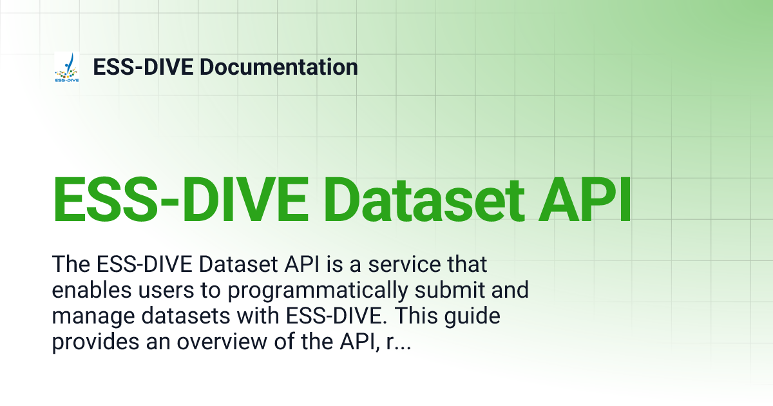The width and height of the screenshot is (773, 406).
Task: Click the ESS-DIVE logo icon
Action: coord(67,68)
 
